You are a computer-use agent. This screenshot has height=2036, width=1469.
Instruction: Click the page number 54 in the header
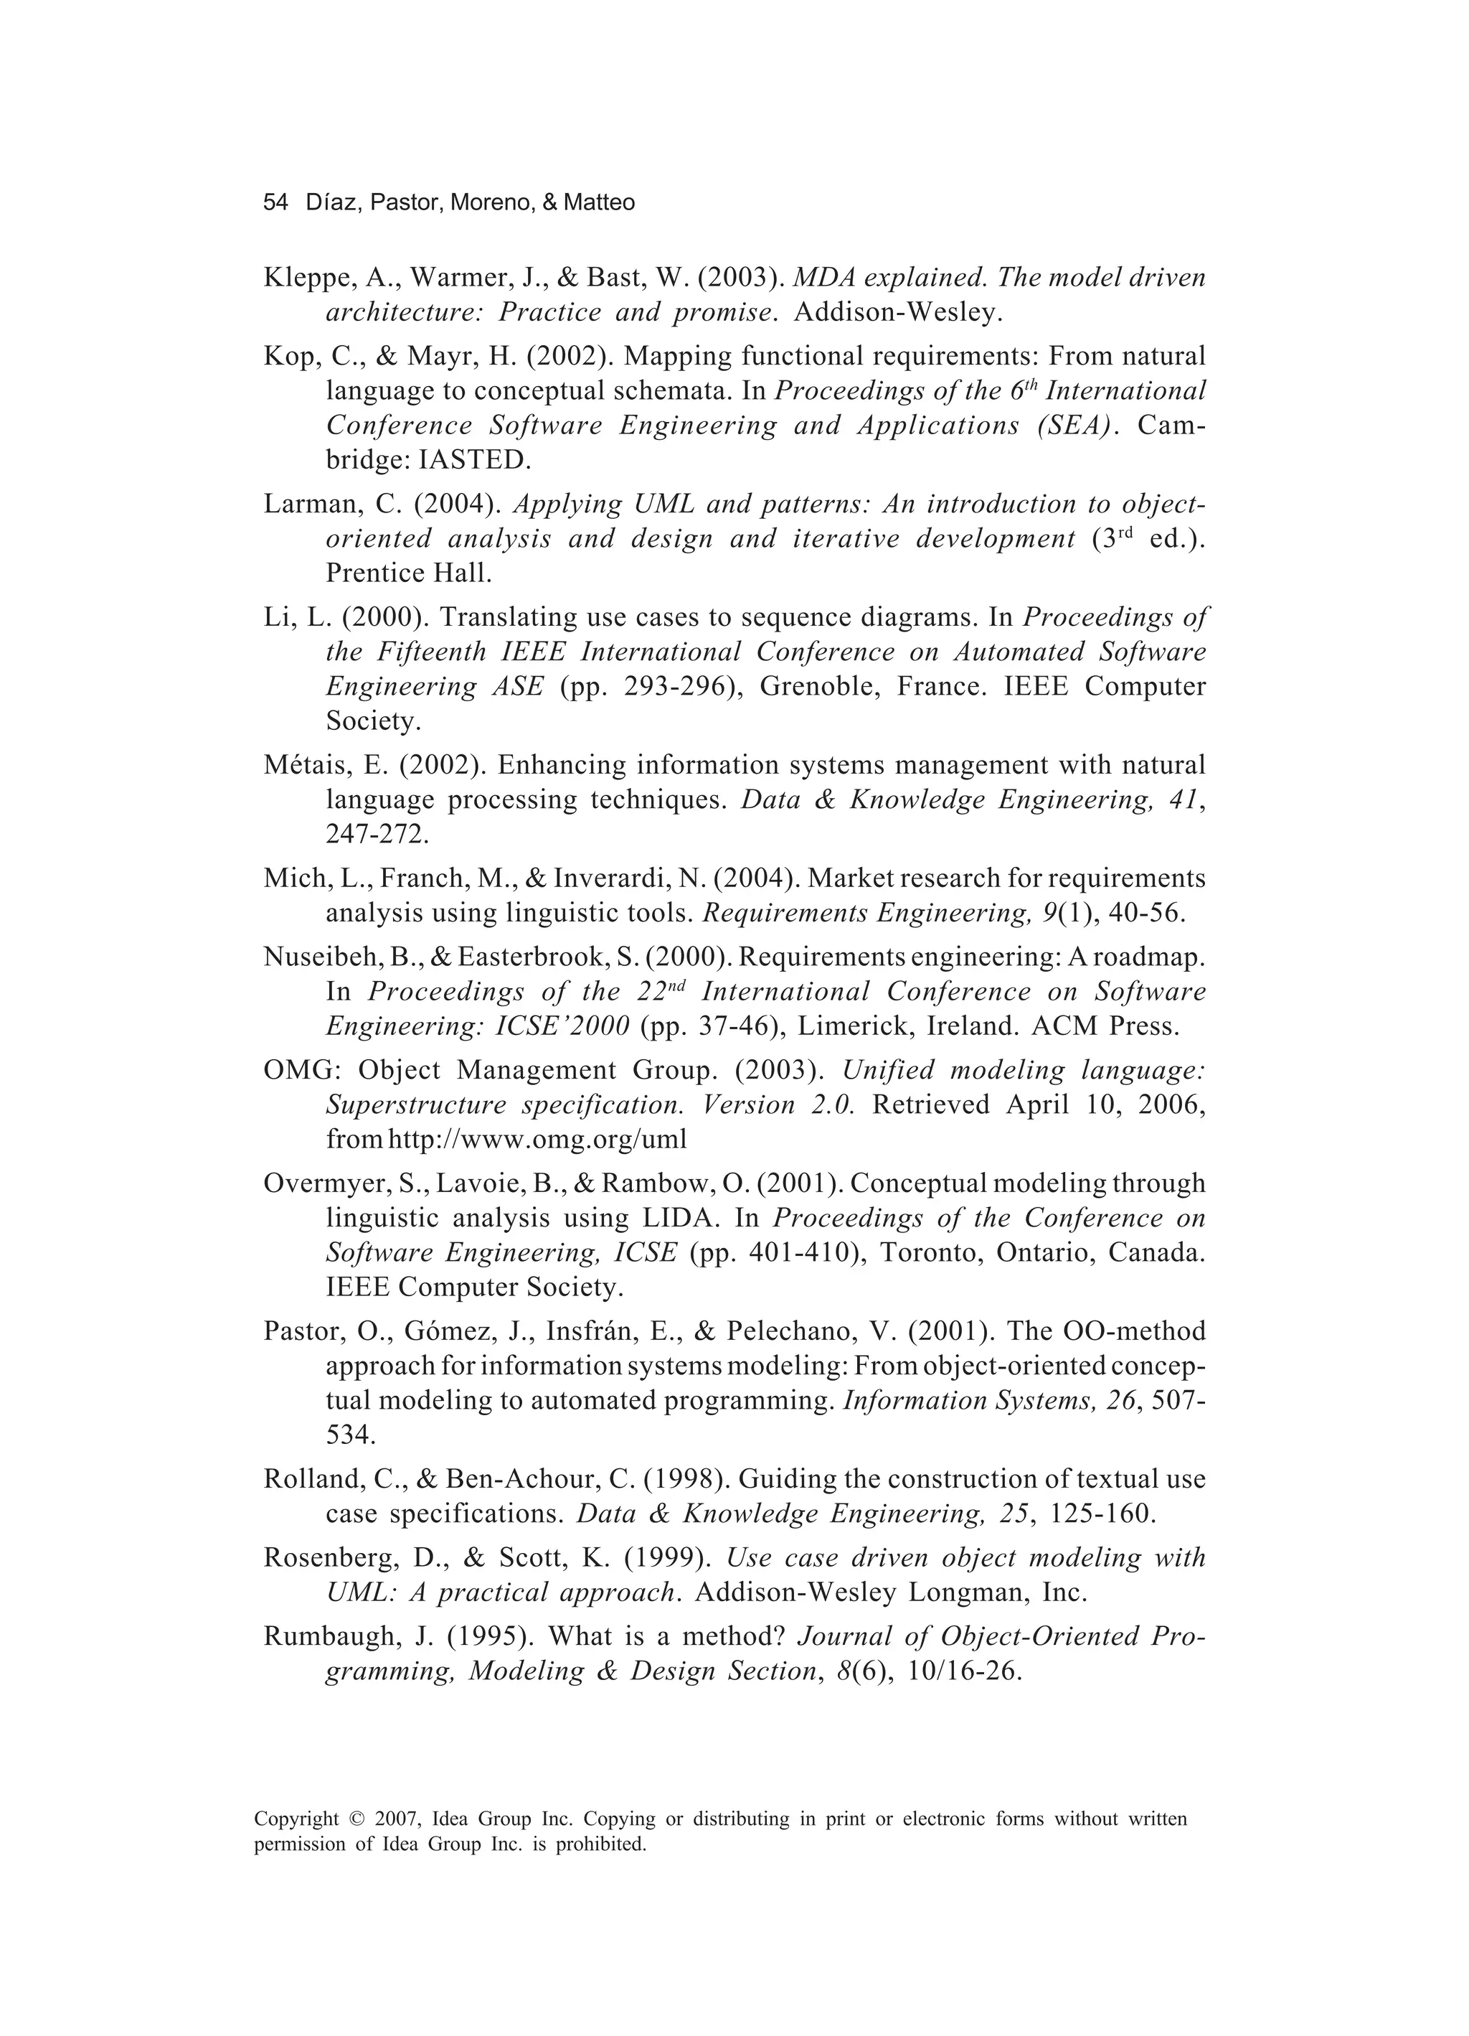click(x=275, y=203)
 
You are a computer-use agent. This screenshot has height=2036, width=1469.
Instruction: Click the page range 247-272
click(x=376, y=834)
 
